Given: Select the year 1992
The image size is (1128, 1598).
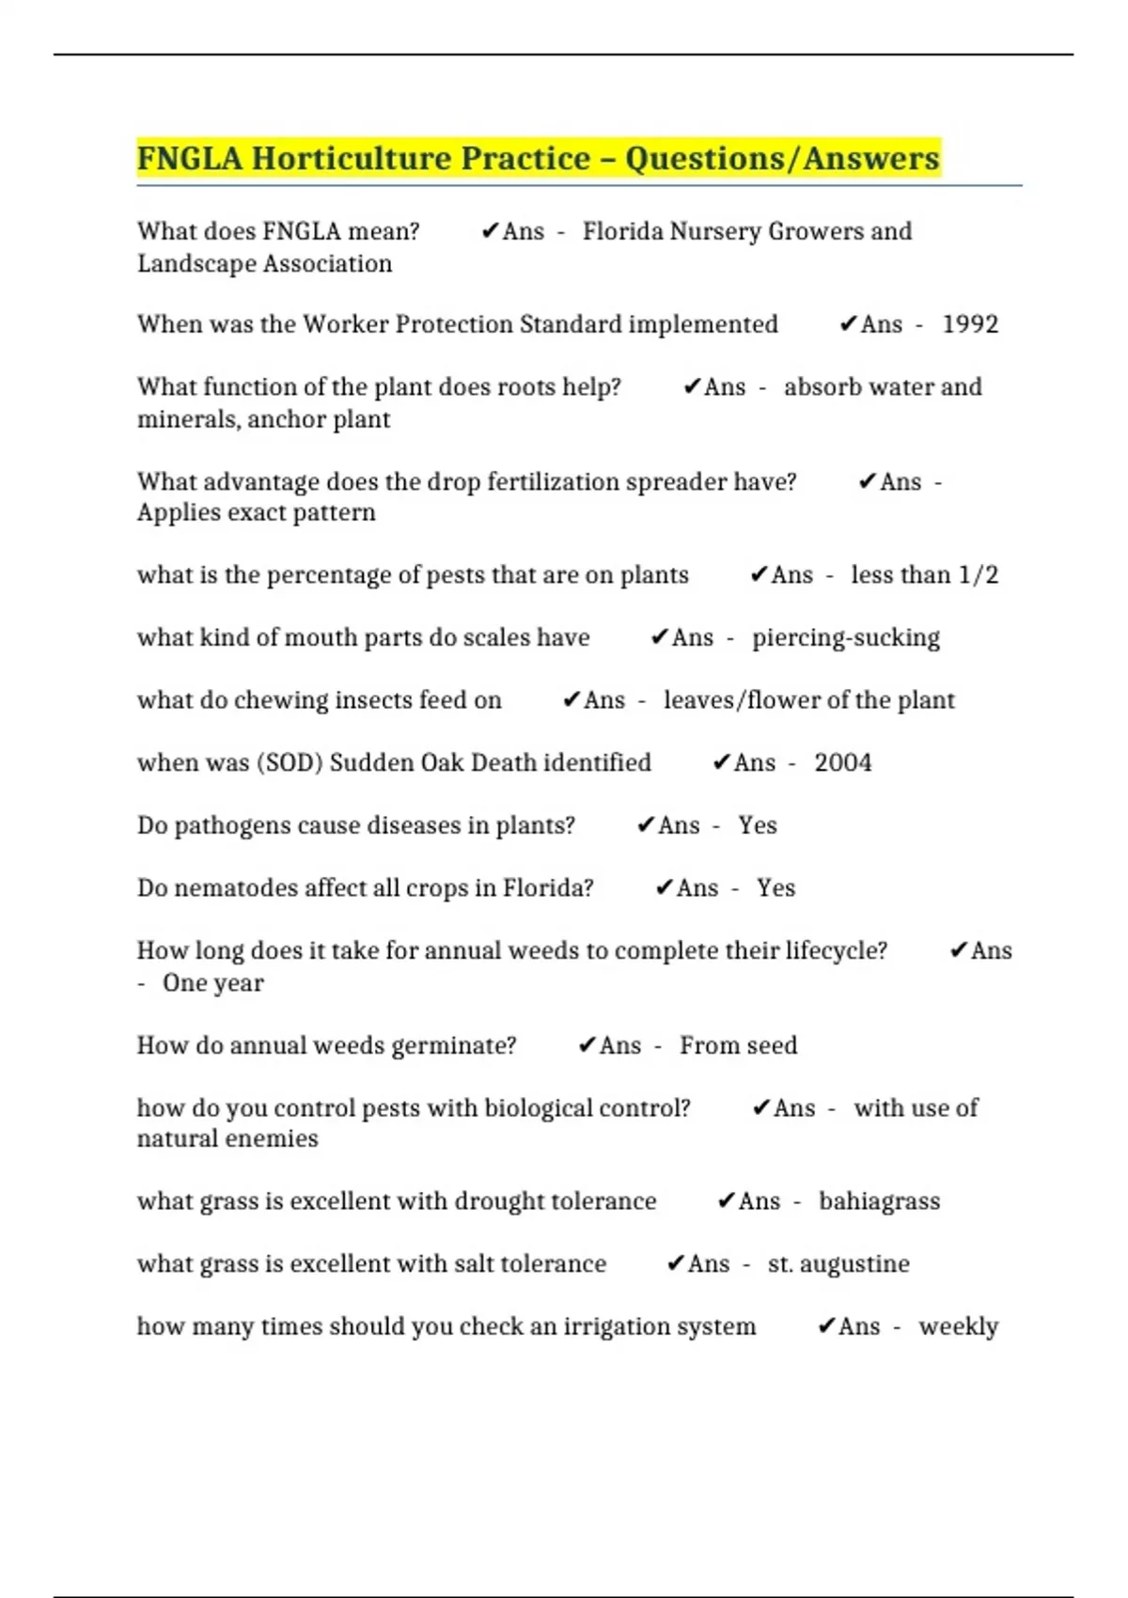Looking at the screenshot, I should tap(970, 324).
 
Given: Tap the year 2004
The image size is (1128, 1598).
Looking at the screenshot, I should tap(842, 762).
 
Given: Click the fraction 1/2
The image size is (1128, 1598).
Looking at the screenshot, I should tap(978, 575).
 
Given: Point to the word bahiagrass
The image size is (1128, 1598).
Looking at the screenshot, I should tap(879, 1201).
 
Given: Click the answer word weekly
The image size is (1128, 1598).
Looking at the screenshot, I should tap(958, 1326).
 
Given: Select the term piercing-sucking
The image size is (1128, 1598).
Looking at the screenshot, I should tap(845, 638).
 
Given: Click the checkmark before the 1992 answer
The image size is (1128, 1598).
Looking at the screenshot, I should tap(847, 324).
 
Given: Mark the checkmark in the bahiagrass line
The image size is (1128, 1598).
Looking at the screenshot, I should tap(725, 1201).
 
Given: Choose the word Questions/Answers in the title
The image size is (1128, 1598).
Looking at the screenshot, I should tap(782, 159).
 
